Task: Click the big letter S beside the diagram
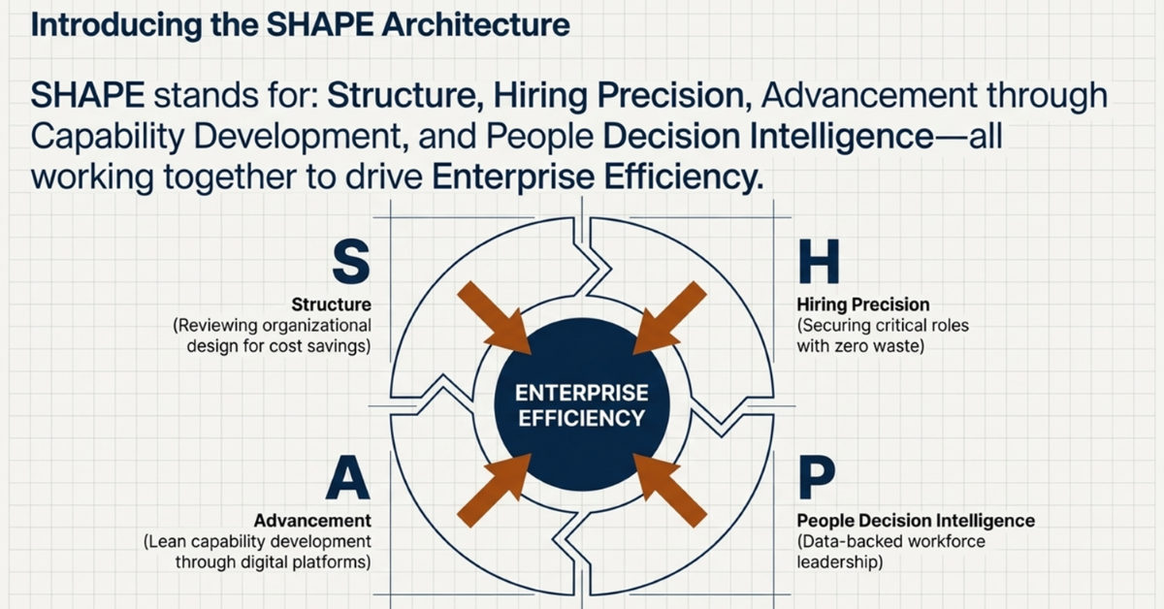pyautogui.click(x=351, y=262)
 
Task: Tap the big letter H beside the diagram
pyautogui.click(x=819, y=262)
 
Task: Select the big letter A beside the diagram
pyautogui.click(x=348, y=477)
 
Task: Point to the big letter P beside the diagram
pyautogui.click(x=817, y=477)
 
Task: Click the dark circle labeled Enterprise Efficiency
pyautogui.click(x=581, y=404)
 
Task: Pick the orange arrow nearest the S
pyautogui.click(x=494, y=317)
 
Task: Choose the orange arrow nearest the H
pyautogui.click(x=670, y=317)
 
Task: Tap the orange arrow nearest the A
pyautogui.click(x=494, y=491)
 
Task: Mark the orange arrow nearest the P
pyautogui.click(x=670, y=491)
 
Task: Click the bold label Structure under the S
pyautogui.click(x=331, y=304)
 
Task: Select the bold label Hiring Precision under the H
pyautogui.click(x=863, y=304)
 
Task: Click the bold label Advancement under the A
pyautogui.click(x=312, y=521)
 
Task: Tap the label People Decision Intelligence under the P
pyautogui.click(x=916, y=521)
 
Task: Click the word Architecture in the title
pyautogui.click(x=475, y=24)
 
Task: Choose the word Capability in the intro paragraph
pyautogui.click(x=108, y=137)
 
